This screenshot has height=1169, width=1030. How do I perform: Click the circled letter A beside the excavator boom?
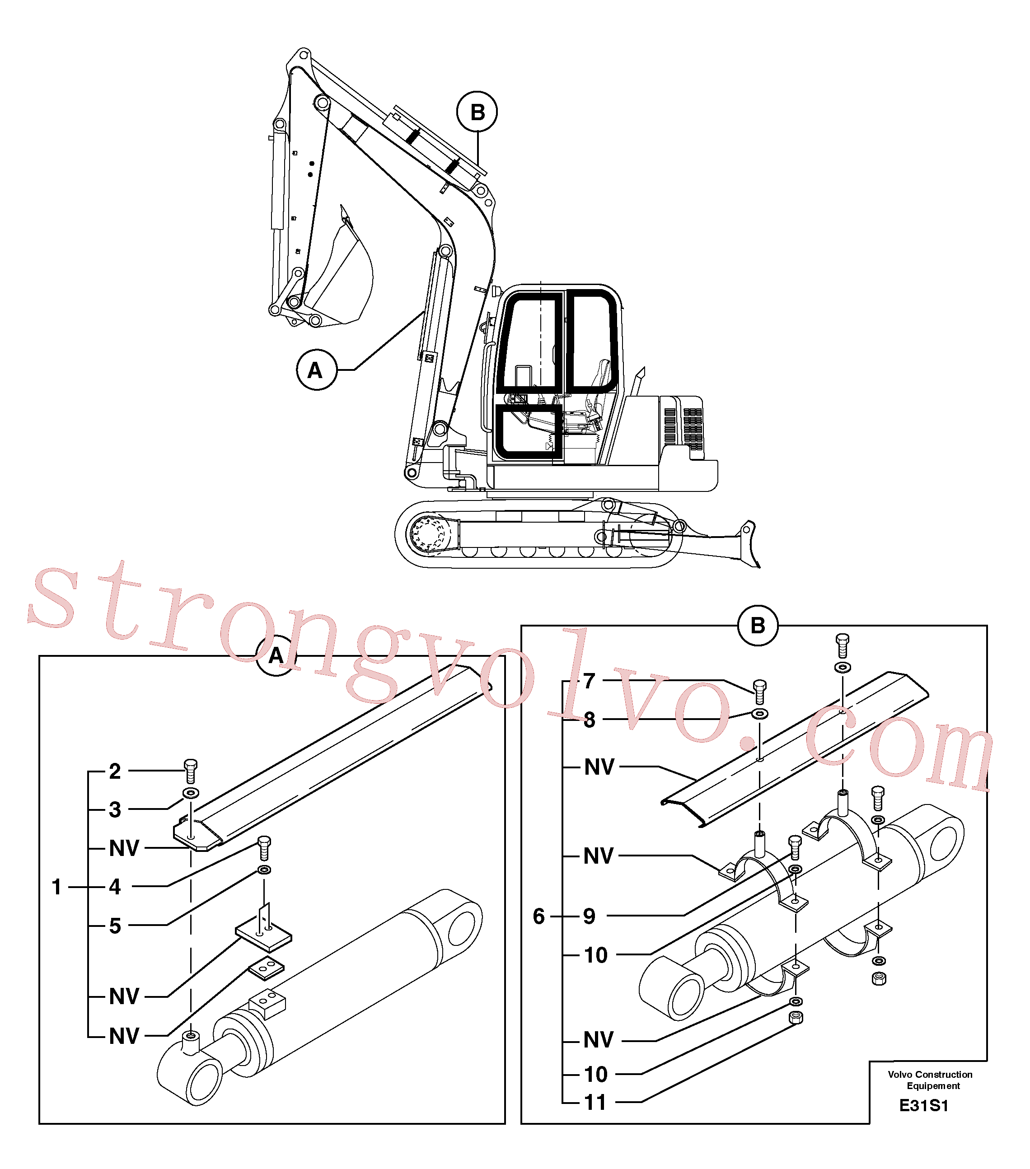coord(316,370)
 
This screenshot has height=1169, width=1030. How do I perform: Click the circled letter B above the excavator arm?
coord(477,112)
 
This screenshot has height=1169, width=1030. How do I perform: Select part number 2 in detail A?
coord(115,771)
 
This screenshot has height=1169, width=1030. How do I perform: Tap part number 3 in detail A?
coord(115,809)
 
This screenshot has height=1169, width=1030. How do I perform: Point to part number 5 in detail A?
coord(115,926)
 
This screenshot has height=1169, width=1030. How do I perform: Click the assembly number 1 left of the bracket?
coord(56,887)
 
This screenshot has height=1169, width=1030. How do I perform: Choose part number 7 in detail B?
coord(590,681)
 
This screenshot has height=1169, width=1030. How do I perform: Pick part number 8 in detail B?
coord(590,720)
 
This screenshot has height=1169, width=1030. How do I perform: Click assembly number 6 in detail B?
coord(539,916)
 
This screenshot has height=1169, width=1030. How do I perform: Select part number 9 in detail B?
coord(590,916)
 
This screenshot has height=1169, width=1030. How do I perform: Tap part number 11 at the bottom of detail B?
coord(595,1102)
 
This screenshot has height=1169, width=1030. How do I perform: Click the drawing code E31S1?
coord(924,1105)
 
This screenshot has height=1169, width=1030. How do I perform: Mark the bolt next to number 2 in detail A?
coord(191,771)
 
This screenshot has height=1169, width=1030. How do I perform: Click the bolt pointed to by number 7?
coord(759,692)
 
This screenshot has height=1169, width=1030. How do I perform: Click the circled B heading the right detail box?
coord(758,626)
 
